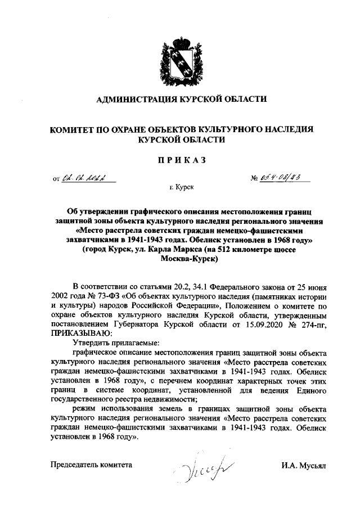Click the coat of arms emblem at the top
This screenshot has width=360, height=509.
click(x=179, y=60)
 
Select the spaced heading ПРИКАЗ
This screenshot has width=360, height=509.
click(x=179, y=160)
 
